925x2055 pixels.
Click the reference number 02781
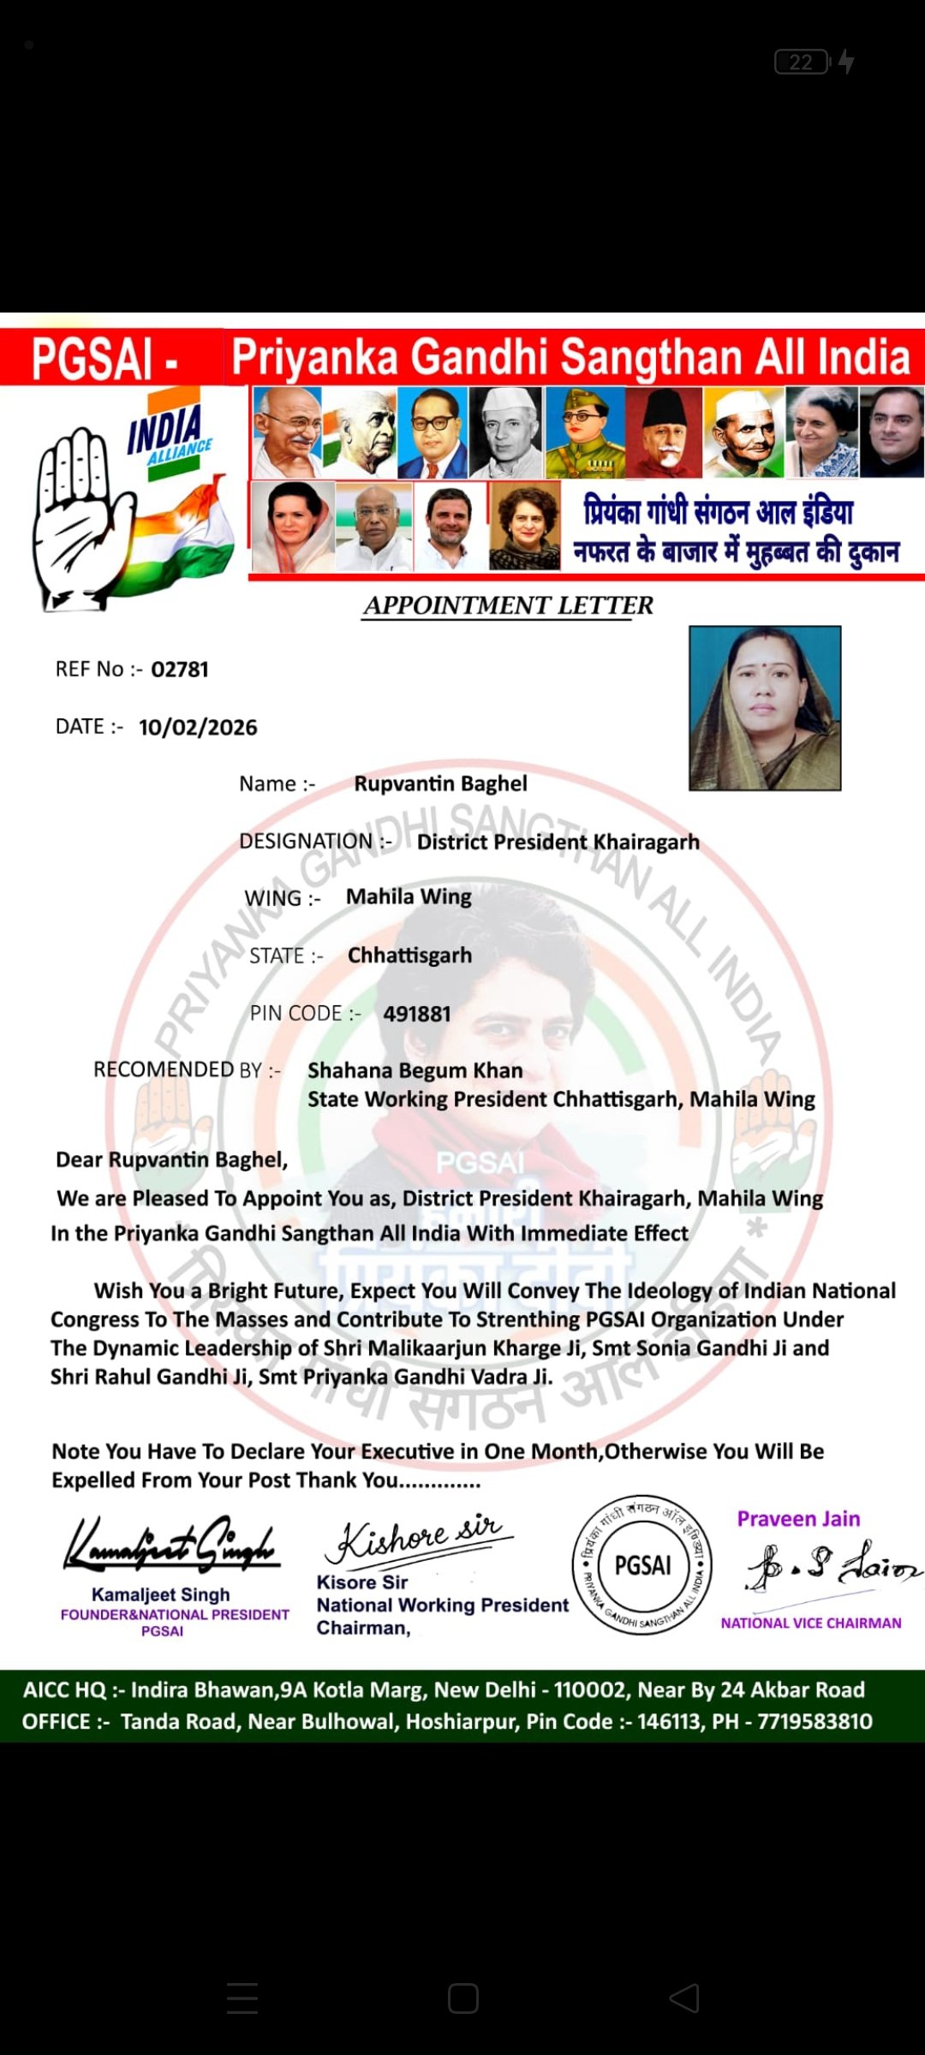[180, 670]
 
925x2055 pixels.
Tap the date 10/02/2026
[198, 728]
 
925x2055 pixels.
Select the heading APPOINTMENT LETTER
[508, 605]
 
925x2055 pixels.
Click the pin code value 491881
[417, 1015]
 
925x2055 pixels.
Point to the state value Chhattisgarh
[409, 956]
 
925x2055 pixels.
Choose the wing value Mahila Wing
[409, 897]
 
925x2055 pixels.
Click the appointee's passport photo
[765, 708]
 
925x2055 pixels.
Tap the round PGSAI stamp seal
[643, 1566]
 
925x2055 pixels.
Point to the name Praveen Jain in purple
[798, 1519]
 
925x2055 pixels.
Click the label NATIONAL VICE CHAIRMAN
[810, 1623]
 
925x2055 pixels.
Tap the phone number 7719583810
[815, 1722]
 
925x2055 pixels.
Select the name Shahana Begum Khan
[415, 1071]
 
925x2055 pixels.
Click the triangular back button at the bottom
[683, 1998]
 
